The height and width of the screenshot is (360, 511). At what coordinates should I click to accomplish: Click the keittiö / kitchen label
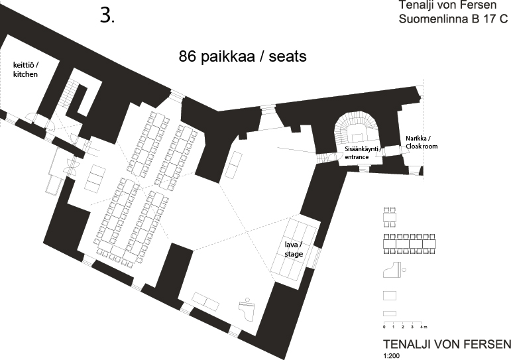point(25,70)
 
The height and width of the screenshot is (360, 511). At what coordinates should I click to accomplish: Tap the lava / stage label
point(294,249)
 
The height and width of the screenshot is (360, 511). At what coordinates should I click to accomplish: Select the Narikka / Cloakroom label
point(422,143)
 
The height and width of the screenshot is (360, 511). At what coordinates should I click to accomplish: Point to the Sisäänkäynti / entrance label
point(361,153)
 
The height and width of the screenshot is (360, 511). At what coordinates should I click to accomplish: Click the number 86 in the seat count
point(188,56)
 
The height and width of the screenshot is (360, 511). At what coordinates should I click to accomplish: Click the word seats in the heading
point(288,57)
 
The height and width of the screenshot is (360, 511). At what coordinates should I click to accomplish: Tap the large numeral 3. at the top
point(107,15)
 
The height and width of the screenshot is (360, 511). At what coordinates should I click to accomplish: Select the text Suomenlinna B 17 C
point(453,19)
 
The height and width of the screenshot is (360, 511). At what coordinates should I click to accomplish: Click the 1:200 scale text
point(391,356)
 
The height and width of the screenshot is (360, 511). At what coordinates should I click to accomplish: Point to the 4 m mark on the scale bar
point(423,327)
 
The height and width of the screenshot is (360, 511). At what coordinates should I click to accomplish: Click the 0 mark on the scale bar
point(384,327)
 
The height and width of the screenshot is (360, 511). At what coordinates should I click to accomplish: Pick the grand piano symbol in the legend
point(394,270)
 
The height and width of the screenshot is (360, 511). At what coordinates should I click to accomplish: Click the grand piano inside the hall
point(247,306)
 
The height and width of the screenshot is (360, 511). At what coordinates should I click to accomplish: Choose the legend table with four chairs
point(390,217)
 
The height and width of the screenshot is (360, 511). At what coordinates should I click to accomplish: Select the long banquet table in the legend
point(410,244)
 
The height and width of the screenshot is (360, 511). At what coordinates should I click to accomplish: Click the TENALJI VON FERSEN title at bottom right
point(447,344)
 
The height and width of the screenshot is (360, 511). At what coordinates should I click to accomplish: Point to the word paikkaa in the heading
point(227,57)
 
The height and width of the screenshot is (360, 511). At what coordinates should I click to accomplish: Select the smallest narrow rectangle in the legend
point(390,314)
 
